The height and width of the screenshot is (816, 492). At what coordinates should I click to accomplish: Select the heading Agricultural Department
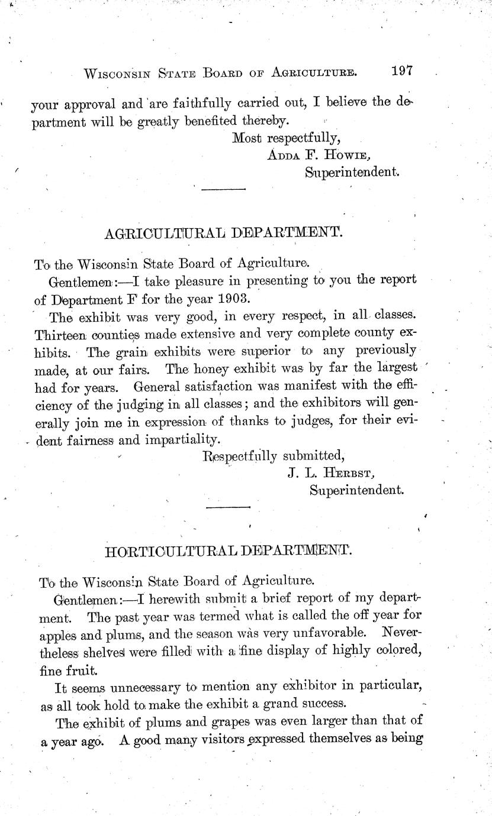[x=223, y=233]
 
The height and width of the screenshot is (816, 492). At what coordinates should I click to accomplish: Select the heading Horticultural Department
[x=228, y=552]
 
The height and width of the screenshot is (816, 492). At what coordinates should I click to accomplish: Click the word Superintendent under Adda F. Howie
[x=352, y=172]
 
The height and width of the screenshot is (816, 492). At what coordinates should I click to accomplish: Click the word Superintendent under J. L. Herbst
[x=356, y=490]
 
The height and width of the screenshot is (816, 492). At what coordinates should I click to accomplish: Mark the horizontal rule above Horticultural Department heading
[x=228, y=507]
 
